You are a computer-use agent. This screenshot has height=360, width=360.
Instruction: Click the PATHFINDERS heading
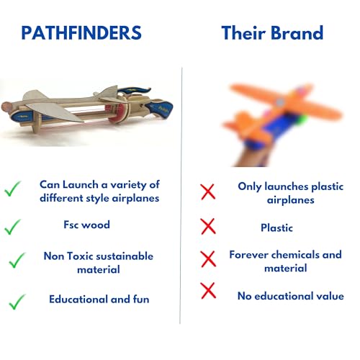(81, 33)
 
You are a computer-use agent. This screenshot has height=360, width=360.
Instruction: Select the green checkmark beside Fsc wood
(12, 227)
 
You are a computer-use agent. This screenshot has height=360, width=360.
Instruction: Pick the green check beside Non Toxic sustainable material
(16, 261)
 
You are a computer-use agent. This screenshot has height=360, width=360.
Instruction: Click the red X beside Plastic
(208, 227)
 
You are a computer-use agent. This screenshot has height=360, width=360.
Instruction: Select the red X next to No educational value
(208, 291)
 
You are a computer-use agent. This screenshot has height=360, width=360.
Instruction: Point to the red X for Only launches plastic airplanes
(208, 192)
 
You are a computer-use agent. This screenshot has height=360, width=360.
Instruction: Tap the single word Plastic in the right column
(276, 228)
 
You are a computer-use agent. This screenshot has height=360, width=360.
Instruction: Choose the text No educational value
(290, 295)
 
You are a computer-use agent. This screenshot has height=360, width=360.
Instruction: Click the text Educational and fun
(99, 298)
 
